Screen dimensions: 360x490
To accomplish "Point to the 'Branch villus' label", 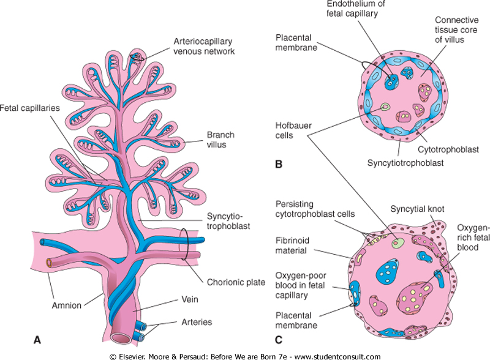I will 220,140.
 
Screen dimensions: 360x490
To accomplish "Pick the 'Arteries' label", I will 196,321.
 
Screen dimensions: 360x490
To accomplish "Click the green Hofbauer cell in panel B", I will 384,107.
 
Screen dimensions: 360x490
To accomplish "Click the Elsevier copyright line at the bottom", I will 245,356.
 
